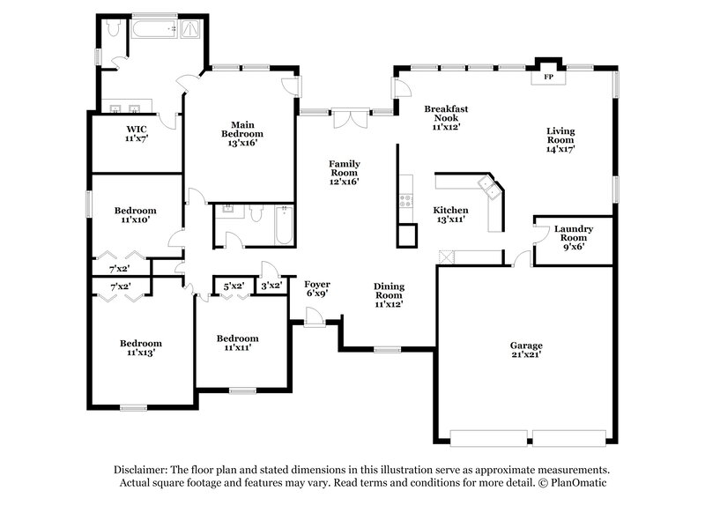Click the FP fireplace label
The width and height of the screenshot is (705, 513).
point(547,78)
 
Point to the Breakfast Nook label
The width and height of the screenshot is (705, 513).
point(446,115)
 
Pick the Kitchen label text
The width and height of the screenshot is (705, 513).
point(450,215)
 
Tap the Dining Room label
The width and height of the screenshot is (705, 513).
point(389,294)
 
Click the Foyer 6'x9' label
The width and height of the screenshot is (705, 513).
point(317,289)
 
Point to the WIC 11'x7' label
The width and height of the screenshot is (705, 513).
point(136,133)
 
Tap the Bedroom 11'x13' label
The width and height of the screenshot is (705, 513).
point(141,348)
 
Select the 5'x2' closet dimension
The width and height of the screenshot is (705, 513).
point(234,286)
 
